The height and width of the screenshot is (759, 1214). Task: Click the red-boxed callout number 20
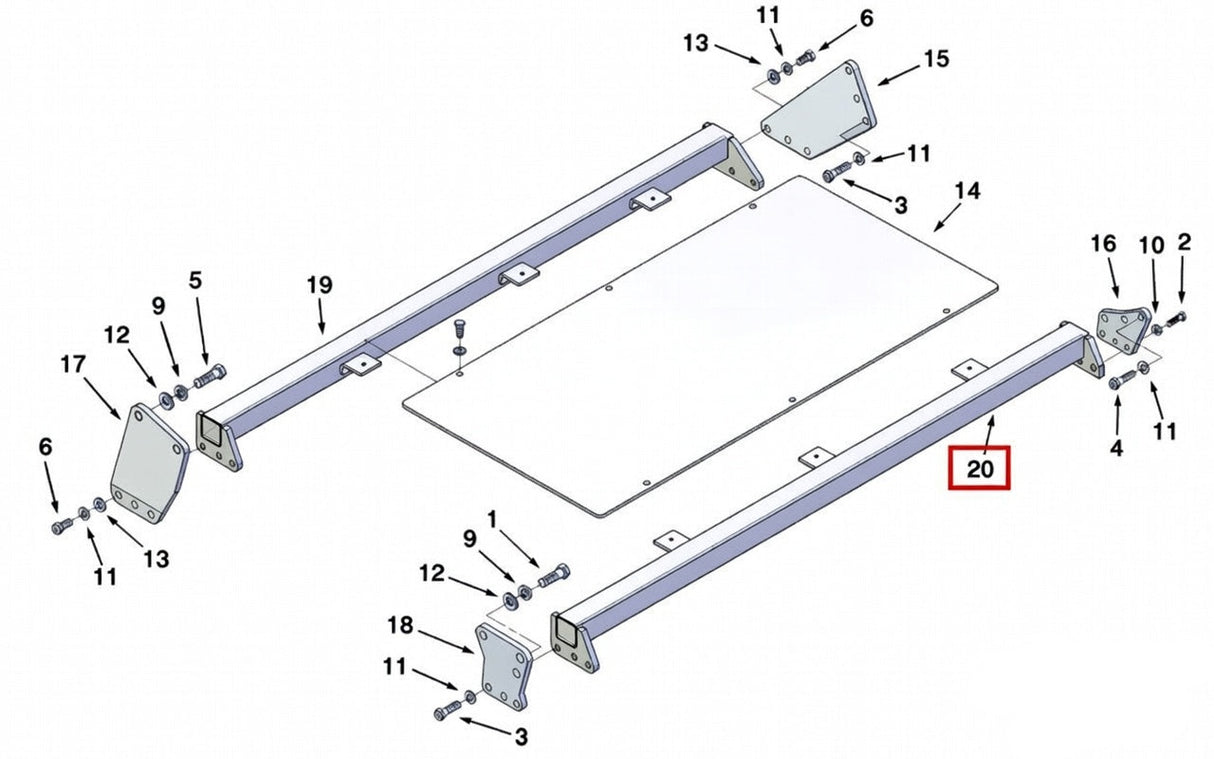[x=979, y=468]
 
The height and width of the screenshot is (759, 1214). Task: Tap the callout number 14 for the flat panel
[x=967, y=190]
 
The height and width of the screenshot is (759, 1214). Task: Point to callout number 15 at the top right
[x=935, y=59]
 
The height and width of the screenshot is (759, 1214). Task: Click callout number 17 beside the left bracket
[x=73, y=365]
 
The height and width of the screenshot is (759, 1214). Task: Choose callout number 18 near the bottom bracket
[x=400, y=626]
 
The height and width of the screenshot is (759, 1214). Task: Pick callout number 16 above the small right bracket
[x=1102, y=243]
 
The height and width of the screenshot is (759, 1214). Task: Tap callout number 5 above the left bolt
[x=195, y=280]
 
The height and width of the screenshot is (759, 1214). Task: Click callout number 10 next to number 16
[x=1151, y=243]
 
